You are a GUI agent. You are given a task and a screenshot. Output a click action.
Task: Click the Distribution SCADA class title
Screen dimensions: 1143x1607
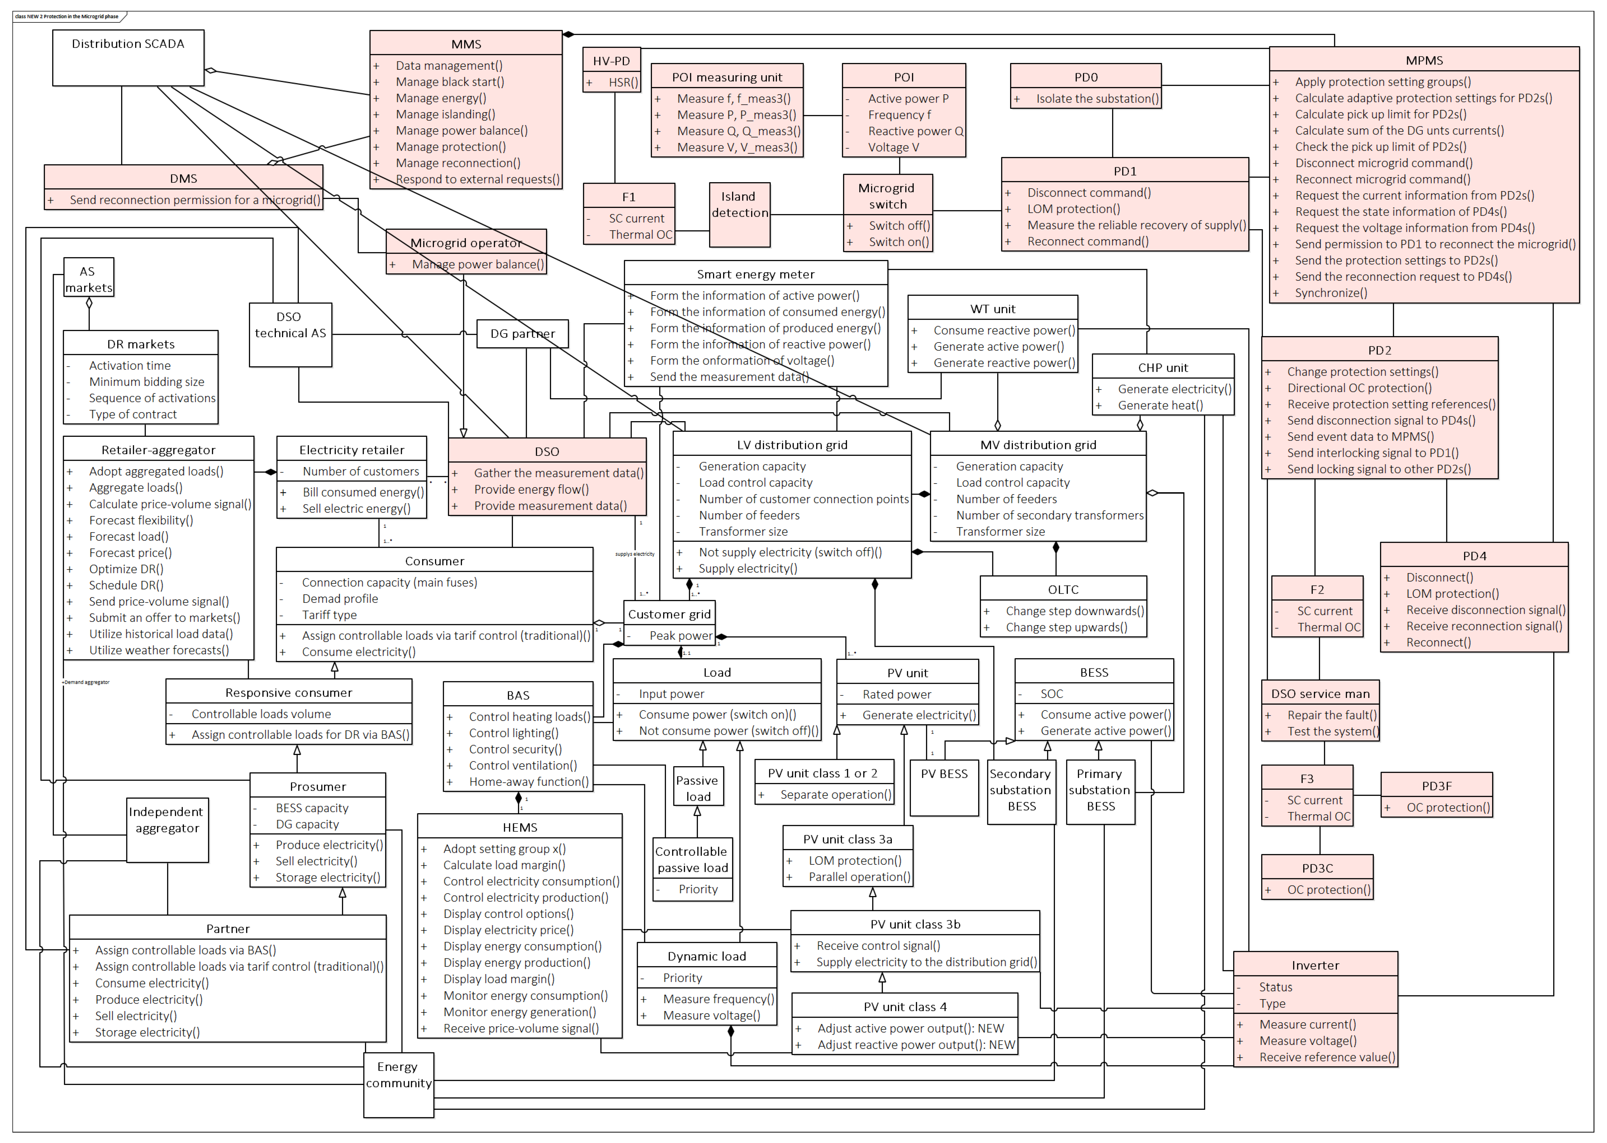[x=128, y=44]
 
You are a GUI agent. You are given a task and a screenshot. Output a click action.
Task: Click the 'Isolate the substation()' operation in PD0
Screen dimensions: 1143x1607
[x=1097, y=99]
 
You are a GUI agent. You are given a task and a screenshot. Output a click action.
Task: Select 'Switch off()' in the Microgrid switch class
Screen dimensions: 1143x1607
[x=899, y=225]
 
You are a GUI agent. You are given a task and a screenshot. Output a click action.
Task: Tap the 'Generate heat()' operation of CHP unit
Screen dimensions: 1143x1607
[x=1160, y=405]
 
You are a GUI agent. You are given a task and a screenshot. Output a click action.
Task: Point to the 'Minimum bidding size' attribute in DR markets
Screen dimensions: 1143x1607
[x=147, y=382]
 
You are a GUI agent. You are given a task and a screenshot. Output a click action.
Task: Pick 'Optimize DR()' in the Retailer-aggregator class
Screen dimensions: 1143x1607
[x=126, y=569]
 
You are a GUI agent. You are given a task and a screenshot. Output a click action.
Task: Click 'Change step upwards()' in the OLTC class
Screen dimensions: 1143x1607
[x=1066, y=627]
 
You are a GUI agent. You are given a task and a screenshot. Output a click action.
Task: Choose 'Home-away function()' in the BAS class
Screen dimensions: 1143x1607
[x=529, y=781]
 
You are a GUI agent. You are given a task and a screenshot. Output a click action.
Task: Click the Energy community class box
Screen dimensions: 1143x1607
[x=398, y=1084]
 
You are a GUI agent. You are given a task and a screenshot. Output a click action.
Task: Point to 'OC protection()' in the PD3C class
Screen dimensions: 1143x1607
[x=1328, y=890]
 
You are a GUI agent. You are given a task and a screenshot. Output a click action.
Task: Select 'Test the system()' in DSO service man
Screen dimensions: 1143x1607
[x=1332, y=731]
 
